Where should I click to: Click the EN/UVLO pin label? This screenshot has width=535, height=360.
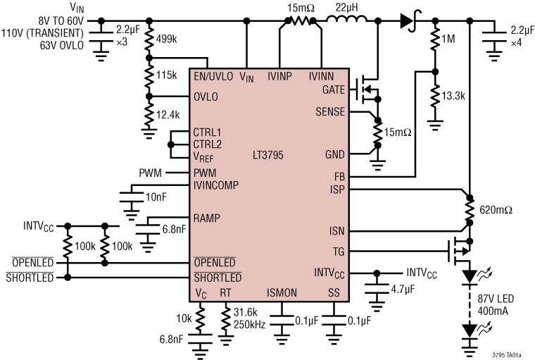coord(214,75)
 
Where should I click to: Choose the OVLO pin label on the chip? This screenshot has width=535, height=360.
coord(205,97)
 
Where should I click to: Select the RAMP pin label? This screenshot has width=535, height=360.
coord(206,218)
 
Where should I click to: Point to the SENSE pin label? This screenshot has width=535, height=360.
coord(330,111)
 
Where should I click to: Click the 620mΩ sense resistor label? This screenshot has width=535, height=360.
coord(497,209)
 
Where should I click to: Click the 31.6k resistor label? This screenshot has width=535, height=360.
coord(246,311)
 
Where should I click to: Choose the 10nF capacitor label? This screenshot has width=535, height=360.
coord(155,197)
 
